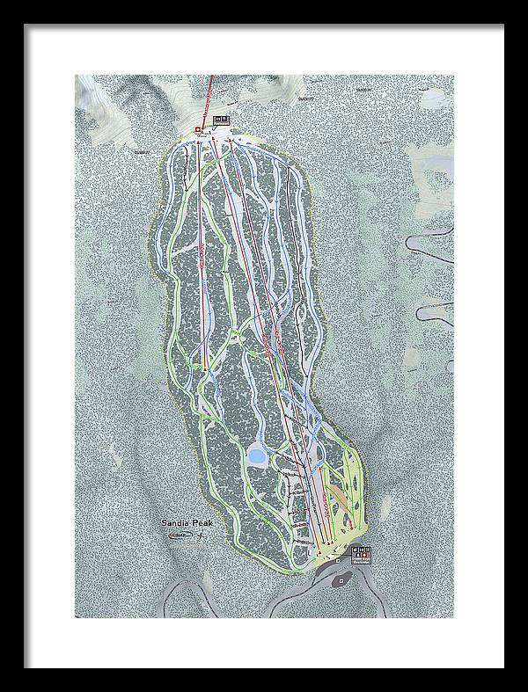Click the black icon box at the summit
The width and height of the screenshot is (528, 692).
pos(221,120)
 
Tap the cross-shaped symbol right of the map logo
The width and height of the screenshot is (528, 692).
pos(201,535)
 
